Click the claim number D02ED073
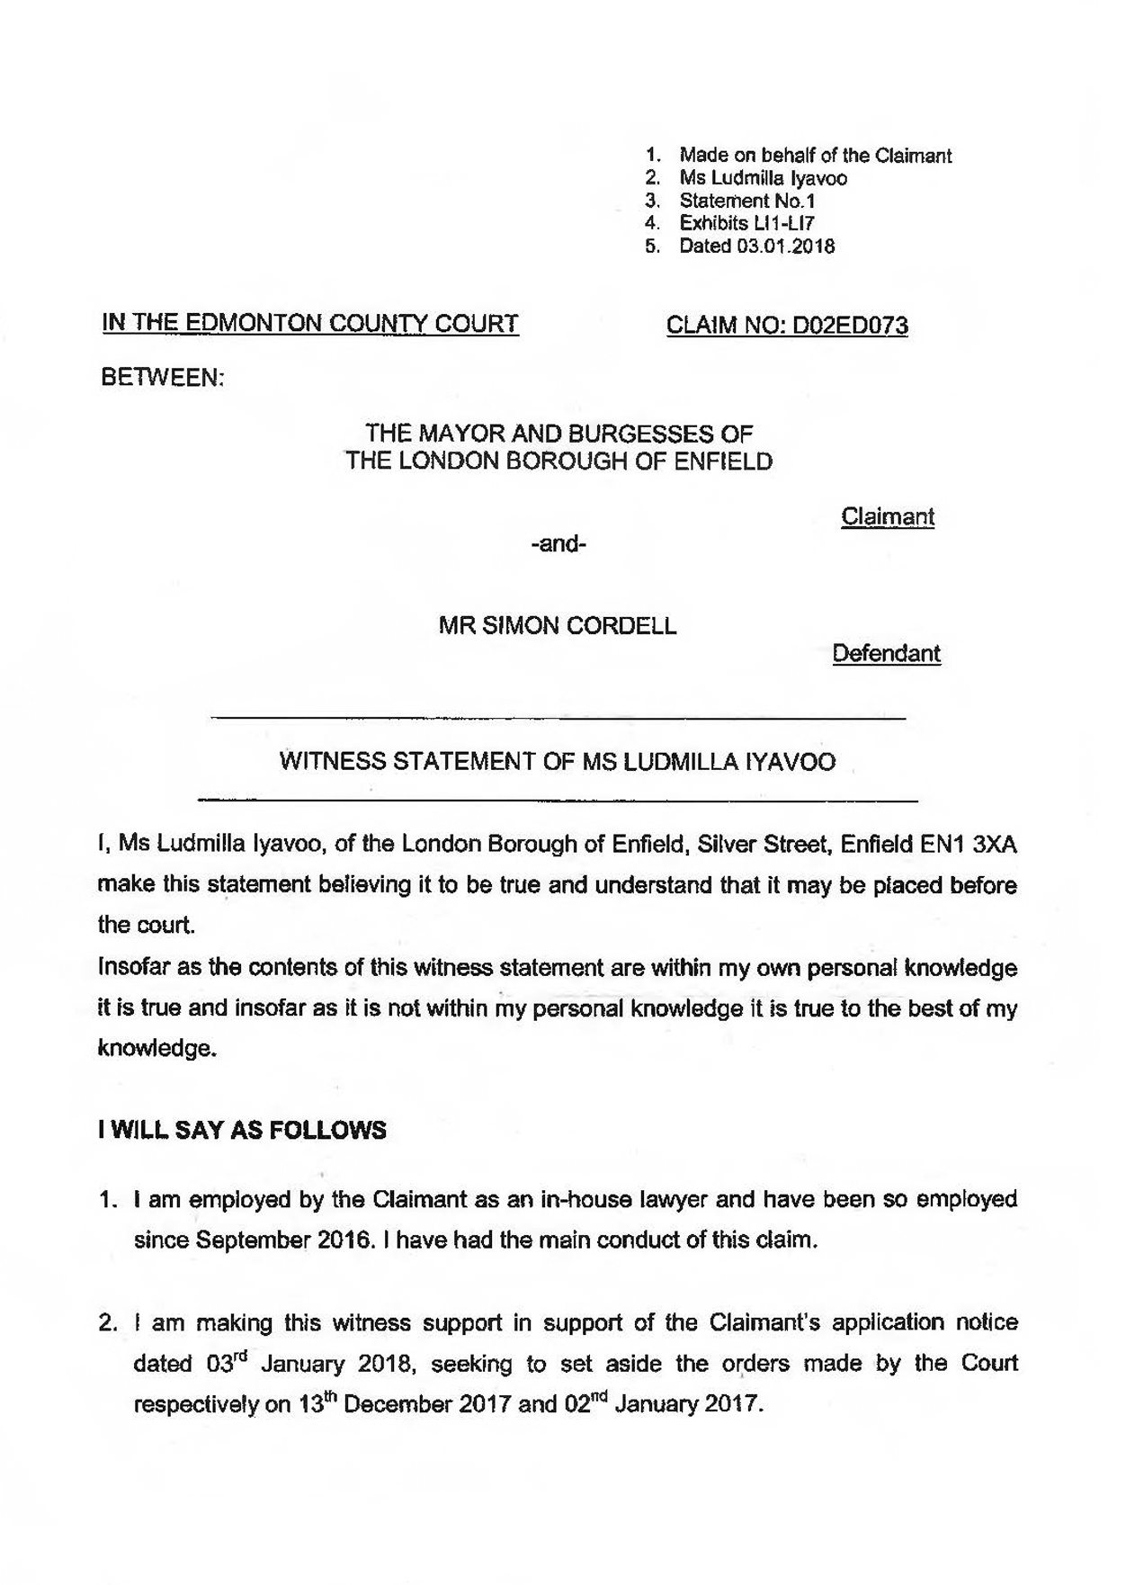[849, 325]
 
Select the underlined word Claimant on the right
[887, 516]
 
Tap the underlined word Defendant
[886, 653]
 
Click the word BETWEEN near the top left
[162, 378]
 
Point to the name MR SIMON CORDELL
[558, 625]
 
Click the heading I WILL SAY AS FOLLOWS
[242, 1130]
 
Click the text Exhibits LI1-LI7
[746, 223]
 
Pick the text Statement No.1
[746, 201]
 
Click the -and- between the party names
[559, 543]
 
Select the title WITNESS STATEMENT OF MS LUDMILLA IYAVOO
[558, 762]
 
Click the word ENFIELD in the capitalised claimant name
[721, 461]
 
